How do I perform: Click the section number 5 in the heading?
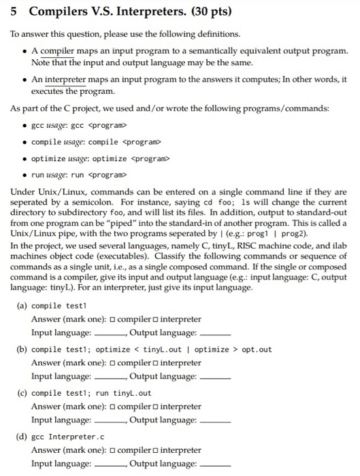[14, 12]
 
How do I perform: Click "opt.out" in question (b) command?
[257, 350]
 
